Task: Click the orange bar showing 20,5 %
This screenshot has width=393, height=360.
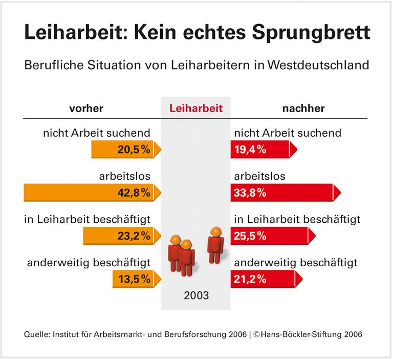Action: coord(125,150)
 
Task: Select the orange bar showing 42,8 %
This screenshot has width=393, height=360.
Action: coord(92,193)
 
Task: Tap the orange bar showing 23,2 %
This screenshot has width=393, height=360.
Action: coord(122,236)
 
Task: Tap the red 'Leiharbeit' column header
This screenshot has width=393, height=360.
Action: coord(196,109)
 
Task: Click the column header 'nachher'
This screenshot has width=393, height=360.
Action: coord(303,109)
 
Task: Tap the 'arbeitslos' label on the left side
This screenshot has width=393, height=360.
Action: coord(124,177)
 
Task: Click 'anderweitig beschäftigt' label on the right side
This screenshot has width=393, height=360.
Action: coord(295,263)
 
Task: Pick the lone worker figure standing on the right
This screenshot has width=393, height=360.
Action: coord(215,246)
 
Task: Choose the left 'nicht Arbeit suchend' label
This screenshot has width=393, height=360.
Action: coord(97,133)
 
